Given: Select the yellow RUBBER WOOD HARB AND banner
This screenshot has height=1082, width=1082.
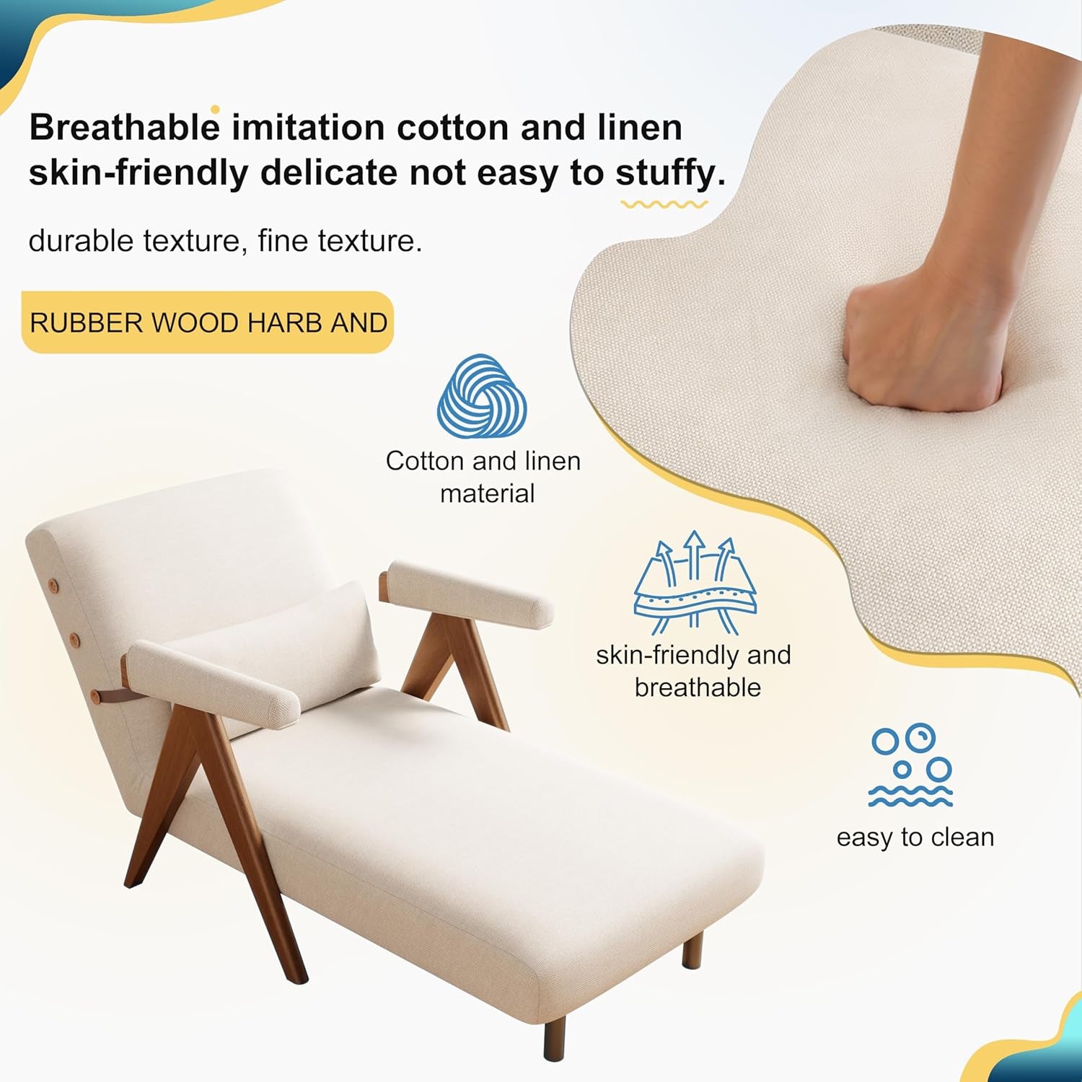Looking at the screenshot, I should [x=208, y=322].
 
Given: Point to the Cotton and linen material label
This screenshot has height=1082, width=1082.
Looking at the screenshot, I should [x=483, y=477].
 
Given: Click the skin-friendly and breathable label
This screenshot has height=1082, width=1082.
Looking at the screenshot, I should [x=694, y=671].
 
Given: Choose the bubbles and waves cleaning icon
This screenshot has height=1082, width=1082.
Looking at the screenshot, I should [x=910, y=765].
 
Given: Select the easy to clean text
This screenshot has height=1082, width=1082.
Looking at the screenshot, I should [x=915, y=837].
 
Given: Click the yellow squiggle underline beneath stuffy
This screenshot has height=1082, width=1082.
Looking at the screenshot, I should [x=664, y=205].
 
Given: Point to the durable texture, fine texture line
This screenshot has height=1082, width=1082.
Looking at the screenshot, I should [x=225, y=241].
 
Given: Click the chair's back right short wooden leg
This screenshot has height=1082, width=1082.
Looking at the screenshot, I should [x=692, y=950].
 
